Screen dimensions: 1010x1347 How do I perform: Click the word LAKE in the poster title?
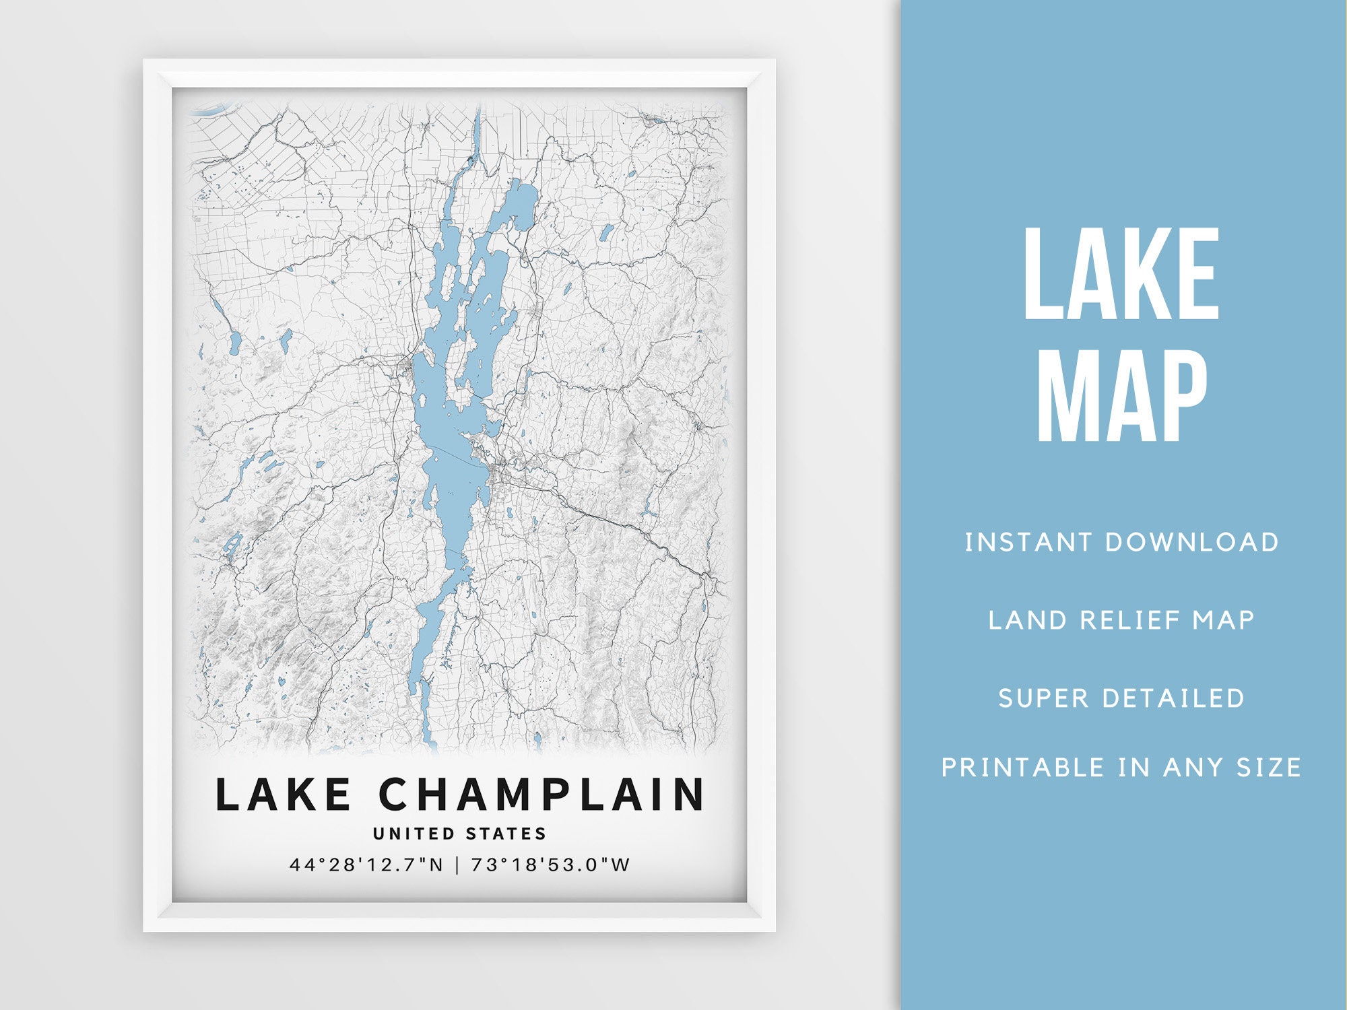coord(283,795)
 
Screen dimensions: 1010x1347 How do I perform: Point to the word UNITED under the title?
coord(414,834)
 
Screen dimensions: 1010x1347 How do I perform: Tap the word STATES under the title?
coord(506,834)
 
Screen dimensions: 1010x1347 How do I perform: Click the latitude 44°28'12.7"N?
coord(367,865)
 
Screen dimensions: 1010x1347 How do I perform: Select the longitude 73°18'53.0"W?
coord(550,865)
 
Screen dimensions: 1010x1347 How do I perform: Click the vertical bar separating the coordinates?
coord(457,865)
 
